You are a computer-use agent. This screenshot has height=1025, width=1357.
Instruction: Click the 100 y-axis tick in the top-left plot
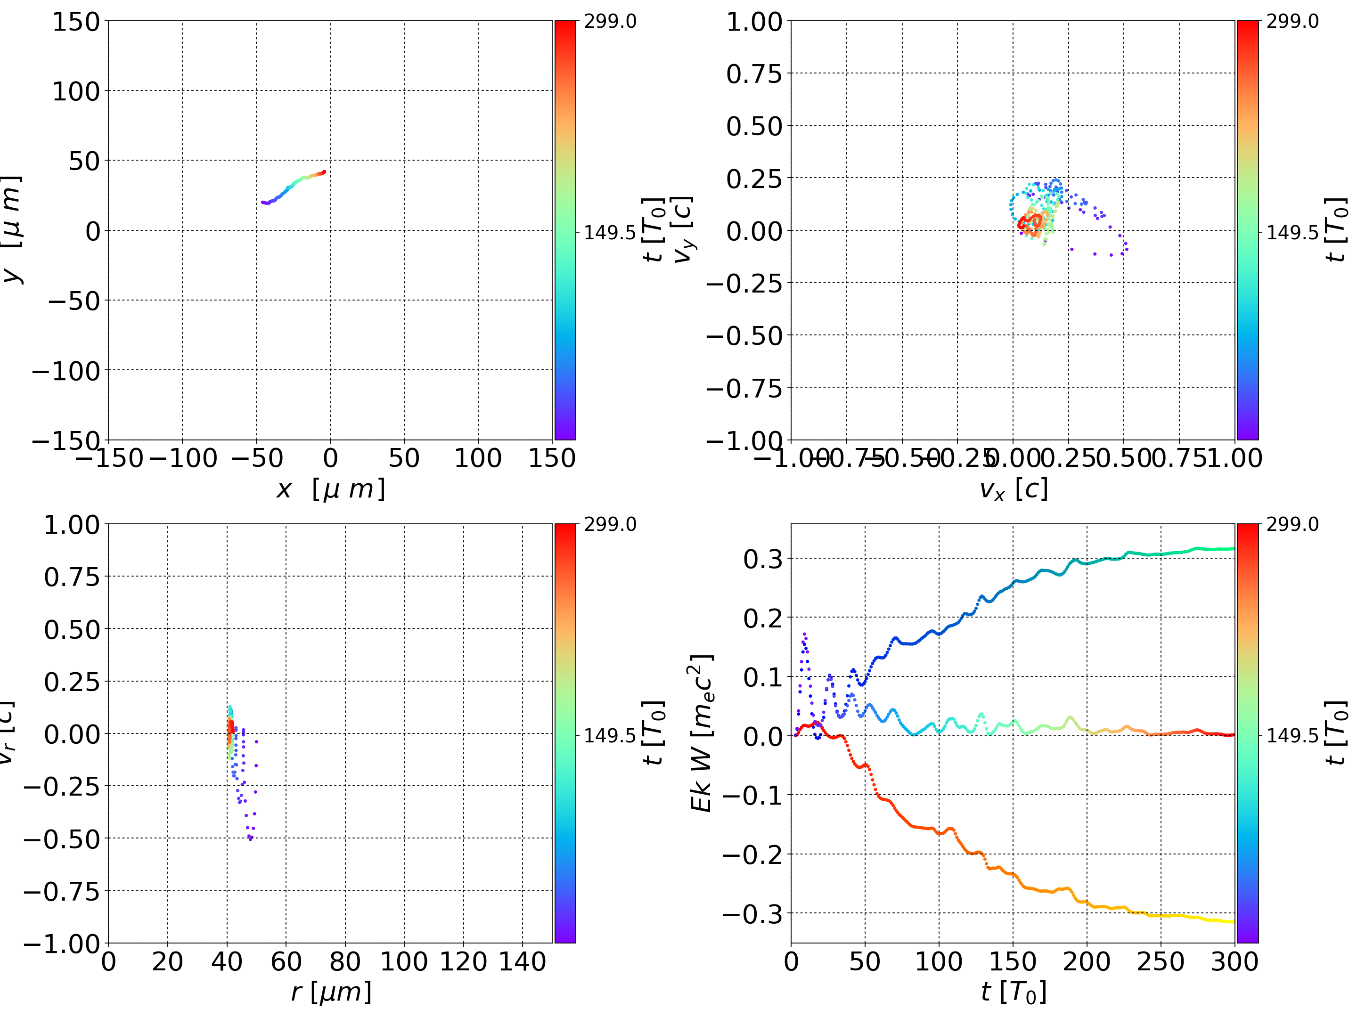coord(75,91)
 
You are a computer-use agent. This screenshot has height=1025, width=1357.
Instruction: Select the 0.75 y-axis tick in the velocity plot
coord(754,73)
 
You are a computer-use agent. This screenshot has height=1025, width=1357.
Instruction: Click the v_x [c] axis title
coord(1013,489)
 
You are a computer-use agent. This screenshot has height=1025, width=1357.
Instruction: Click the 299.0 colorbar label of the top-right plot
coord(1292,22)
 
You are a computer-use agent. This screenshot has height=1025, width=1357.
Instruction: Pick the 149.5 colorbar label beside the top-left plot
coord(609,233)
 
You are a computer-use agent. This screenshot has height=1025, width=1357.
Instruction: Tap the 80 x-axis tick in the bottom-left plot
coord(345,961)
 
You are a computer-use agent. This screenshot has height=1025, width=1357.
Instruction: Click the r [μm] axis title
coord(331,992)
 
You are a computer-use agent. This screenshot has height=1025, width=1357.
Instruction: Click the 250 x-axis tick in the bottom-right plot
coord(1160,961)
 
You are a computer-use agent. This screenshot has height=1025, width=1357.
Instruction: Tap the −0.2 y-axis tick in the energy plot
coord(753,854)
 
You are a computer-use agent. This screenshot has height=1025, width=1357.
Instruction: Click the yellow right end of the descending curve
coord(1232,921)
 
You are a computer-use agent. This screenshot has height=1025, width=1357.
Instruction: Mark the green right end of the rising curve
coord(1232,548)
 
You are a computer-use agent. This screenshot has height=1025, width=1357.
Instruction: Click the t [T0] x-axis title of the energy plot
coord(1013,992)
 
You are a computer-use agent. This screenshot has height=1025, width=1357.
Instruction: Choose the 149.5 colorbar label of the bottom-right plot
coord(1292,735)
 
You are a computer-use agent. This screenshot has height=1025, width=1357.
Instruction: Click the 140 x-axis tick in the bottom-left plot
coord(522,961)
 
